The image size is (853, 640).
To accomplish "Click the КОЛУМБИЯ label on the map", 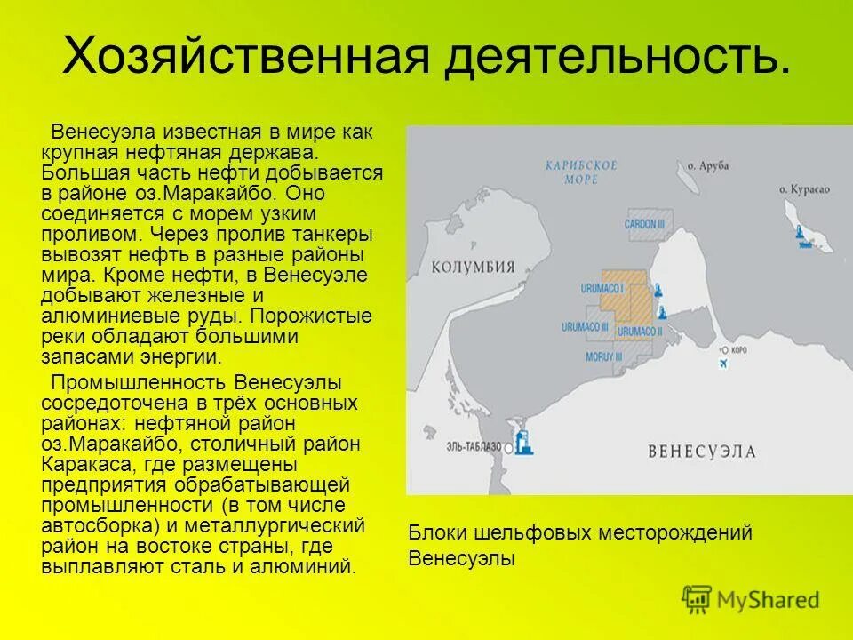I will (x=474, y=268).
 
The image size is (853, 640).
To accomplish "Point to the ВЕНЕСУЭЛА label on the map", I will (x=702, y=451).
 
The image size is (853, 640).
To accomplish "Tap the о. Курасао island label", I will (x=803, y=189).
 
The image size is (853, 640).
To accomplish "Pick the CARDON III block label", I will (x=644, y=225).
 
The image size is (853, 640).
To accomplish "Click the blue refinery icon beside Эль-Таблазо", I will (x=524, y=442).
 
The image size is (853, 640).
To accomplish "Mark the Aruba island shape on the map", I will (x=690, y=178).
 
